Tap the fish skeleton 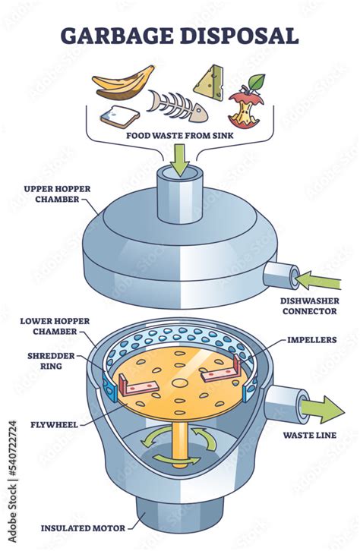point(176,105)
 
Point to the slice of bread point(119,117)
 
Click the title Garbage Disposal point(179,36)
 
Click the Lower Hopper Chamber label point(47,326)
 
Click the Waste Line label point(308,435)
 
